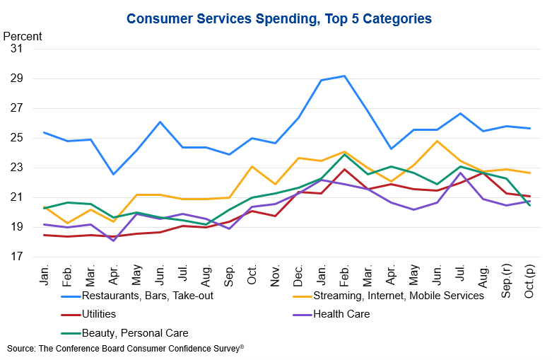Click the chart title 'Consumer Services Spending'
click(223, 18)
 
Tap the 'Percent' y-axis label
click(23, 36)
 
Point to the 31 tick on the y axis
click(16, 49)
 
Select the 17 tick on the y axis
click(16, 257)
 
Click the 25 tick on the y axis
click(16, 138)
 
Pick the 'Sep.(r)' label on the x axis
click(506, 281)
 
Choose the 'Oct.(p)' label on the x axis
click(529, 281)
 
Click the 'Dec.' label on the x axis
click(298, 276)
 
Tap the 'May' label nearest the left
click(136, 275)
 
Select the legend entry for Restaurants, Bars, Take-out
click(137, 296)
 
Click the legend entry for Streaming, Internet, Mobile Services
click(388, 296)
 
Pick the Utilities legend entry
click(88, 314)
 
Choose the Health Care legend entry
click(331, 314)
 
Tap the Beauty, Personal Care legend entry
click(124, 333)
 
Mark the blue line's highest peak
click(344, 76)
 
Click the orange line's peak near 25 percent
click(437, 141)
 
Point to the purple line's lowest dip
click(113, 241)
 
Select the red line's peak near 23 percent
click(344, 170)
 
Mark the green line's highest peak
click(344, 154)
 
